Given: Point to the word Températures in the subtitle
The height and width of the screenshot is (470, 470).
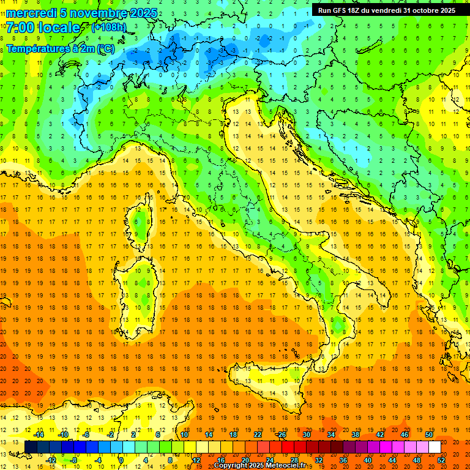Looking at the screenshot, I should pos(39,48).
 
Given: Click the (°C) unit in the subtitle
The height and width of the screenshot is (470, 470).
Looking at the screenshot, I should pos(105,48).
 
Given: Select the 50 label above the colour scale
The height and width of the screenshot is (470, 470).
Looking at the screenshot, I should pos(428,435).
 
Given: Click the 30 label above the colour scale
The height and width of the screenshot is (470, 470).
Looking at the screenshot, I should pos(306,435).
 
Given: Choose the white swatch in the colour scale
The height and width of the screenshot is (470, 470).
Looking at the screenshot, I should pos(435,447).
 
